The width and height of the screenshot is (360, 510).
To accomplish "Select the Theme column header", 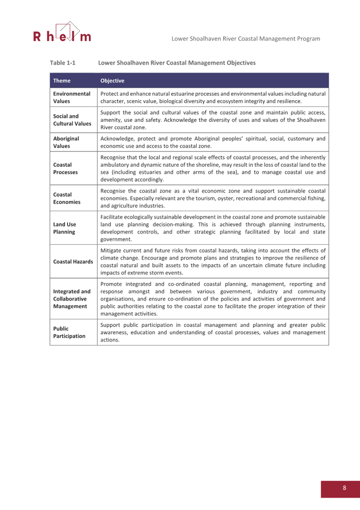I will pyautogui.click(x=62, y=81).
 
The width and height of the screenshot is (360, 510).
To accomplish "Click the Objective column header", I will pyautogui.click(x=112, y=81).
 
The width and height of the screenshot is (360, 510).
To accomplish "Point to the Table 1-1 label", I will pyautogui.click(x=62, y=63).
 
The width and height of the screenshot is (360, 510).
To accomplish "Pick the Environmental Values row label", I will pyautogui.click(x=72, y=97).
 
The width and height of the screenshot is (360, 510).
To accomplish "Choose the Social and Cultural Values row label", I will pyautogui.click(x=72, y=120).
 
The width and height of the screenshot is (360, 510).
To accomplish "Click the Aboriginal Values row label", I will pyautogui.click(x=66, y=142).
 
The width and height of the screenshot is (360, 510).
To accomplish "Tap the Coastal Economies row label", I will pyautogui.click(x=66, y=198).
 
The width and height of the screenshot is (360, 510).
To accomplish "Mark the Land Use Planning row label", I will pyautogui.click(x=64, y=228).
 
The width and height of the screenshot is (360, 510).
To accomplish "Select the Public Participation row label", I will pyautogui.click(x=69, y=332).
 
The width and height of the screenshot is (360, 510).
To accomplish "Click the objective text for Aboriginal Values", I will pyautogui.click(x=213, y=142).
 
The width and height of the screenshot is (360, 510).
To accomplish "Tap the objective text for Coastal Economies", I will pyautogui.click(x=213, y=198).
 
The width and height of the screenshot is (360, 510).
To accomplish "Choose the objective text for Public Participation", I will pyautogui.click(x=213, y=332).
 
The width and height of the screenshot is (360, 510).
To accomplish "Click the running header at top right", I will pyautogui.click(x=245, y=38).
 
